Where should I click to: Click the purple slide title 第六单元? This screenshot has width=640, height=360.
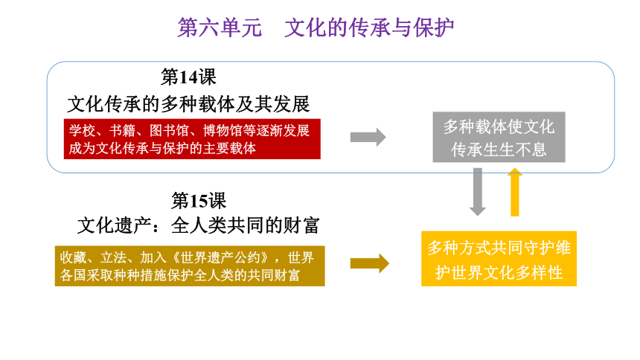[x=220, y=28]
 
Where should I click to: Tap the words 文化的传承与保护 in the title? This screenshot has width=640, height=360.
[x=369, y=28]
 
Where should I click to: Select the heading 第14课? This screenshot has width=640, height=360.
[x=188, y=77]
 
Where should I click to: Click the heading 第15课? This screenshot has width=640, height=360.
[x=199, y=200]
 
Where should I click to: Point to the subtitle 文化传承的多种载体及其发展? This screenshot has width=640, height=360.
[x=188, y=103]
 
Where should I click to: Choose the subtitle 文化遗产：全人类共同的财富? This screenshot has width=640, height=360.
[x=199, y=225]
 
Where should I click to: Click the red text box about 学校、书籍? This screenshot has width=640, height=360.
[x=192, y=139]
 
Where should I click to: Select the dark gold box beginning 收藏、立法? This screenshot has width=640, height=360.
[x=190, y=266]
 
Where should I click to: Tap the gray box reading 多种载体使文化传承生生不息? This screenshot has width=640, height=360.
[x=499, y=137]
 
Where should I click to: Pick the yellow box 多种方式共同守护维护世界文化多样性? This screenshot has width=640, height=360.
[x=499, y=259]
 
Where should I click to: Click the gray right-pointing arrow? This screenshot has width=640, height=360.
[x=368, y=137]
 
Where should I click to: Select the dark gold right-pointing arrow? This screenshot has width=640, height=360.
[x=370, y=263]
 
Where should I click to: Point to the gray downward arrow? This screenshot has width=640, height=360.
[x=478, y=192]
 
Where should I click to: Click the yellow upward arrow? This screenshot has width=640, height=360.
[x=515, y=192]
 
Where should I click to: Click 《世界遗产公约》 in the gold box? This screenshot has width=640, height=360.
[x=221, y=257]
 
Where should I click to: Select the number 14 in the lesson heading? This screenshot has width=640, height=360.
[x=188, y=77]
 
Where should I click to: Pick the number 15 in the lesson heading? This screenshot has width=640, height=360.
[x=199, y=201]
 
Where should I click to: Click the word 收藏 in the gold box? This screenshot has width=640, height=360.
[x=73, y=257]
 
